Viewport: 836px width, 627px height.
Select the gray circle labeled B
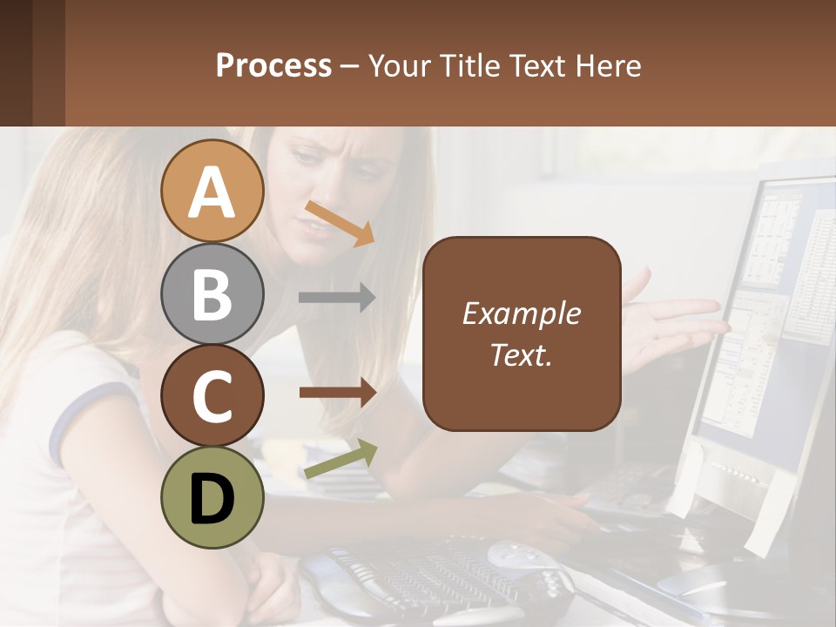pos(212,293)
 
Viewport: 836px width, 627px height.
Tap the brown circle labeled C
pos(212,395)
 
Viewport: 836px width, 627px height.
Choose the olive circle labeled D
pos(212,497)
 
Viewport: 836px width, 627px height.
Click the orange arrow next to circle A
pos(340,223)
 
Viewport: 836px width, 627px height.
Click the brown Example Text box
pos(522,334)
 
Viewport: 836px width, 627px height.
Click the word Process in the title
pos(273,65)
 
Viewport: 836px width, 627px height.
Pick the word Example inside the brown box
pos(522,313)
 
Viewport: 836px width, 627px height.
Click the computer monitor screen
pos(766,313)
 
